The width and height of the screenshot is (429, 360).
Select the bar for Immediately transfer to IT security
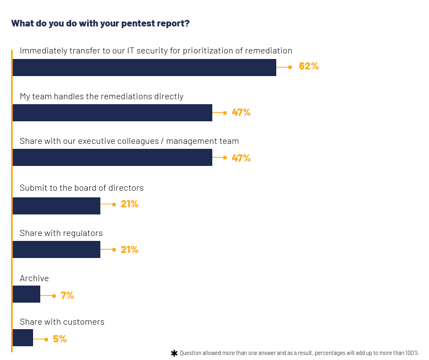coord(144,67)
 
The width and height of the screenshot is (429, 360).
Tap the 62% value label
coord(309,66)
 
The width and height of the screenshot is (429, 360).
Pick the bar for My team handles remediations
coord(112,112)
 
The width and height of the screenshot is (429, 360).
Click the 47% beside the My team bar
coord(241,112)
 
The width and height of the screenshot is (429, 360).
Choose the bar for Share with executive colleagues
coord(112,157)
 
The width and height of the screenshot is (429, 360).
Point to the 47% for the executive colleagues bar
coord(241,158)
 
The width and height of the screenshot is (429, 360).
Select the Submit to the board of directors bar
coord(56,206)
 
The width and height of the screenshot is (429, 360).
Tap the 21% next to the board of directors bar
coord(130,204)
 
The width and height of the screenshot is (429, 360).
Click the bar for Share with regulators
coord(56,249)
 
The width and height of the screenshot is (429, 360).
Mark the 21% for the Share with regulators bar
coord(130,250)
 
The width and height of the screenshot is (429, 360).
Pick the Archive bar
coord(26,294)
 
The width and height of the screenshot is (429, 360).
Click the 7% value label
coord(67,295)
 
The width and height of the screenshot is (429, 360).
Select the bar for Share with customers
coord(23,337)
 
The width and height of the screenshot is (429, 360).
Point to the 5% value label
coord(60,339)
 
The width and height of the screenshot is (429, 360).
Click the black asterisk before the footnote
coord(174,353)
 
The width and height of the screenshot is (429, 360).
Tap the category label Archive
coord(34,278)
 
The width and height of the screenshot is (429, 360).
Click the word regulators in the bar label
coord(83,233)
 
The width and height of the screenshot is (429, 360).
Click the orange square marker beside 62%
coord(290,67)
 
